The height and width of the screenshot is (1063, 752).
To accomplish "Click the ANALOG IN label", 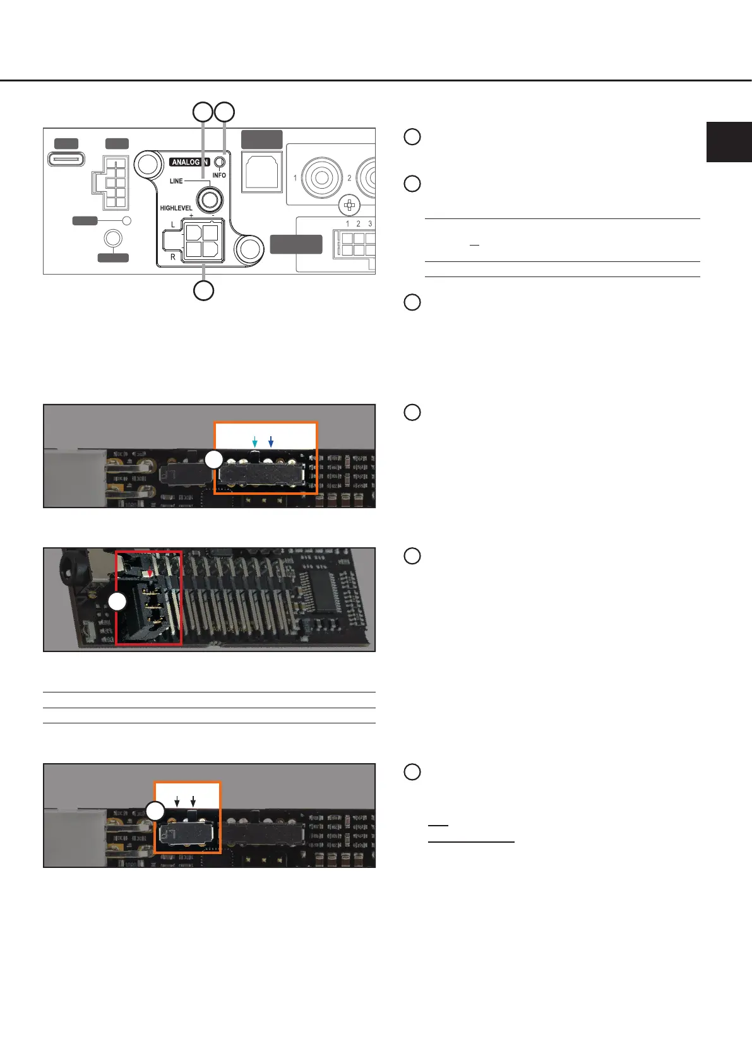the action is click(x=189, y=162).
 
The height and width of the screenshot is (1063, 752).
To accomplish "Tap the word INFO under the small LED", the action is click(x=219, y=175).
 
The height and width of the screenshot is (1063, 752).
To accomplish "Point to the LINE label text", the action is click(x=176, y=181).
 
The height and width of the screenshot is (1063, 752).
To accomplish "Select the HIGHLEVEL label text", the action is click(x=176, y=208).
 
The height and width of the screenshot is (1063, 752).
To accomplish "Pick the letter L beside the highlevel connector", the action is click(x=173, y=225).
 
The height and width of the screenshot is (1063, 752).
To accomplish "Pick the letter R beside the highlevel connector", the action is click(x=173, y=257).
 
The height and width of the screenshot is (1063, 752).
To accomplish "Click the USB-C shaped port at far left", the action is click(x=66, y=158).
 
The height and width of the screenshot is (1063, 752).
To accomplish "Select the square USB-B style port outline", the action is click(x=262, y=172).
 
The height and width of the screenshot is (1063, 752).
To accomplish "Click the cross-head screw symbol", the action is click(x=349, y=205).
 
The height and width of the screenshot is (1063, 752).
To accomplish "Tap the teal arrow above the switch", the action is click(x=254, y=441).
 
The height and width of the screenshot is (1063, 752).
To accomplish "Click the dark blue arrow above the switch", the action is click(x=270, y=441).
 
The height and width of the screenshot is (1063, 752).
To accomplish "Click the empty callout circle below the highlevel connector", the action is click(x=203, y=291).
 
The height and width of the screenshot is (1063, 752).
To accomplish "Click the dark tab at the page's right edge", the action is click(x=729, y=142).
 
